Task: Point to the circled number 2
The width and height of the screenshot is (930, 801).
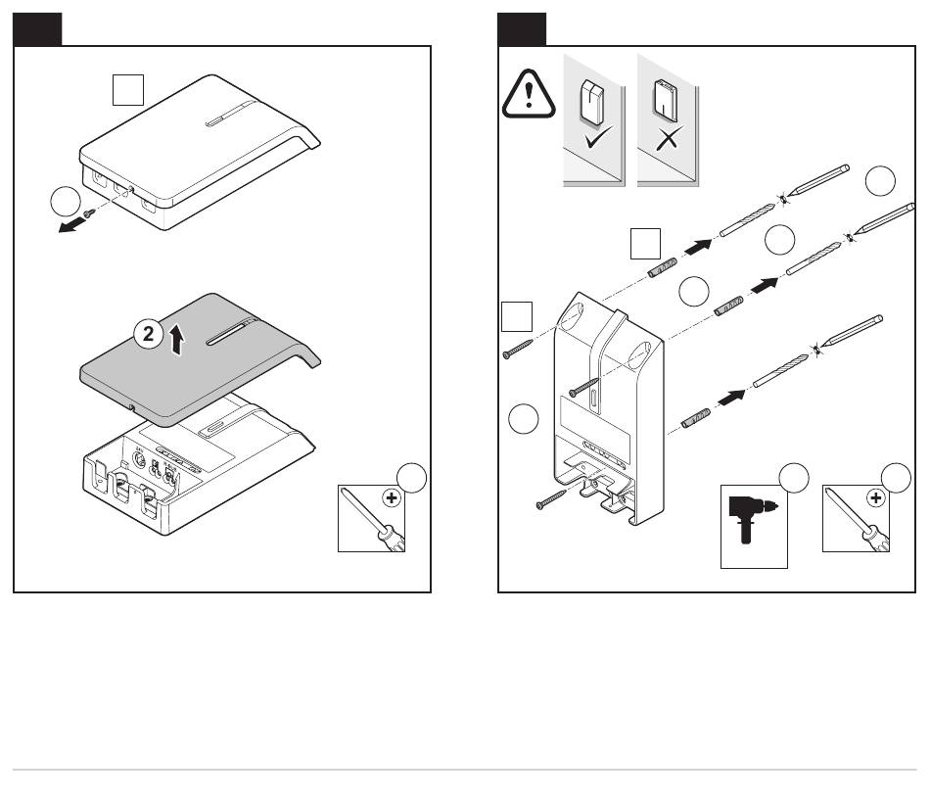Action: click(148, 334)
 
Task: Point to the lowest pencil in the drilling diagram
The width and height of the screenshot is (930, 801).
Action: click(850, 330)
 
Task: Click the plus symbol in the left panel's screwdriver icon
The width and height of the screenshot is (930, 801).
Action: click(392, 497)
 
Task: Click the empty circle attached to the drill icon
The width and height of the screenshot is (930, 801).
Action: click(792, 478)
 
